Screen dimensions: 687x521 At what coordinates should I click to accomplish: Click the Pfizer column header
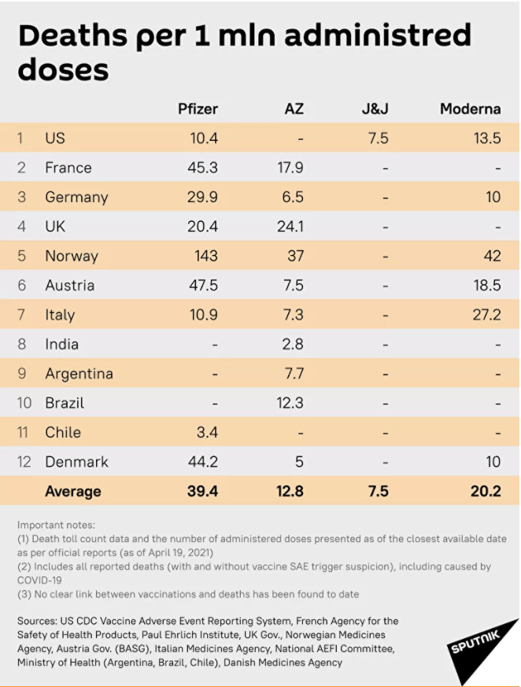tap(198, 109)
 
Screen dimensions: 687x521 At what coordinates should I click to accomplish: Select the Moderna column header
tap(470, 109)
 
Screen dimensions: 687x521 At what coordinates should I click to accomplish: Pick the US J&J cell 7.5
tap(378, 138)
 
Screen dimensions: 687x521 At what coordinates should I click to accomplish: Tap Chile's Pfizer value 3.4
tap(203, 432)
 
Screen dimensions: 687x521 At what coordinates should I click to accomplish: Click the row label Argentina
tap(79, 374)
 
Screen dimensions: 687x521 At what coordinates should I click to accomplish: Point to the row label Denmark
tap(76, 462)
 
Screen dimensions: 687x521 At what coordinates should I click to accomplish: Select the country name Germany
tap(76, 197)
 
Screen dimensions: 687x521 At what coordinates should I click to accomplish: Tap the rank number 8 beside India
tap(22, 344)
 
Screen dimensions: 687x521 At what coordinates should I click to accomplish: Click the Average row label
tap(73, 491)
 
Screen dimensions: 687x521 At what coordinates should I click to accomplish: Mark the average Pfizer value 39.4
tap(202, 491)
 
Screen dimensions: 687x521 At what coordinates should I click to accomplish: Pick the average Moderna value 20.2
tap(486, 491)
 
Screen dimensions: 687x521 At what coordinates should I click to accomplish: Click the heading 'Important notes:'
tap(56, 525)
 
